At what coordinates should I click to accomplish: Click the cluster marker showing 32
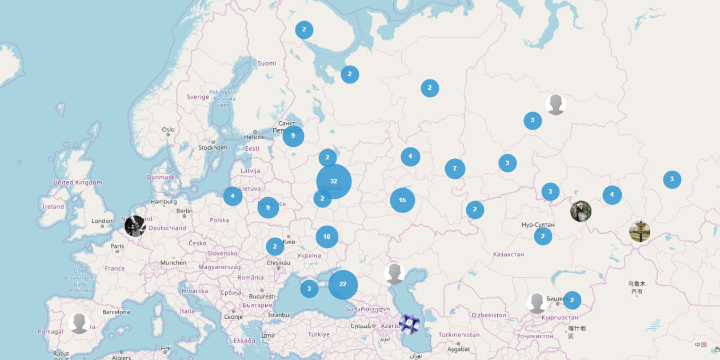334,181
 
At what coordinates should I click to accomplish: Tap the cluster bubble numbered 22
343,284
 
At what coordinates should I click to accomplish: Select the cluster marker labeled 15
402,200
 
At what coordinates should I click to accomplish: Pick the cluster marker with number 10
327,237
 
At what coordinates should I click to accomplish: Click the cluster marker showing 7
455,169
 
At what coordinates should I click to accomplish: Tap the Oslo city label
168,130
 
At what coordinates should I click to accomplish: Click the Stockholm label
213,147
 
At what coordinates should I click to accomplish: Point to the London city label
102,221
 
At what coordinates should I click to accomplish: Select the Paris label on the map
117,246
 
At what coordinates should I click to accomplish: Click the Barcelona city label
116,312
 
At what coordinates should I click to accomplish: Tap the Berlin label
185,211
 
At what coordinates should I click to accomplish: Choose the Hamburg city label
163,201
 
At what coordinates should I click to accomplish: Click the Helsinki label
255,137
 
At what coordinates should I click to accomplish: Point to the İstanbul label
279,315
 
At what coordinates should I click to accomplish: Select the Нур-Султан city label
538,225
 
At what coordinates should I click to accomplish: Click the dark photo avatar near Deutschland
135,226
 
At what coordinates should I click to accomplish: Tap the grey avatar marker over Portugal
79,323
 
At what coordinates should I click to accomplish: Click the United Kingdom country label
77,182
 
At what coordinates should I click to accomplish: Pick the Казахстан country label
508,254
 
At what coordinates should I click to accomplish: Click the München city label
173,263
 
